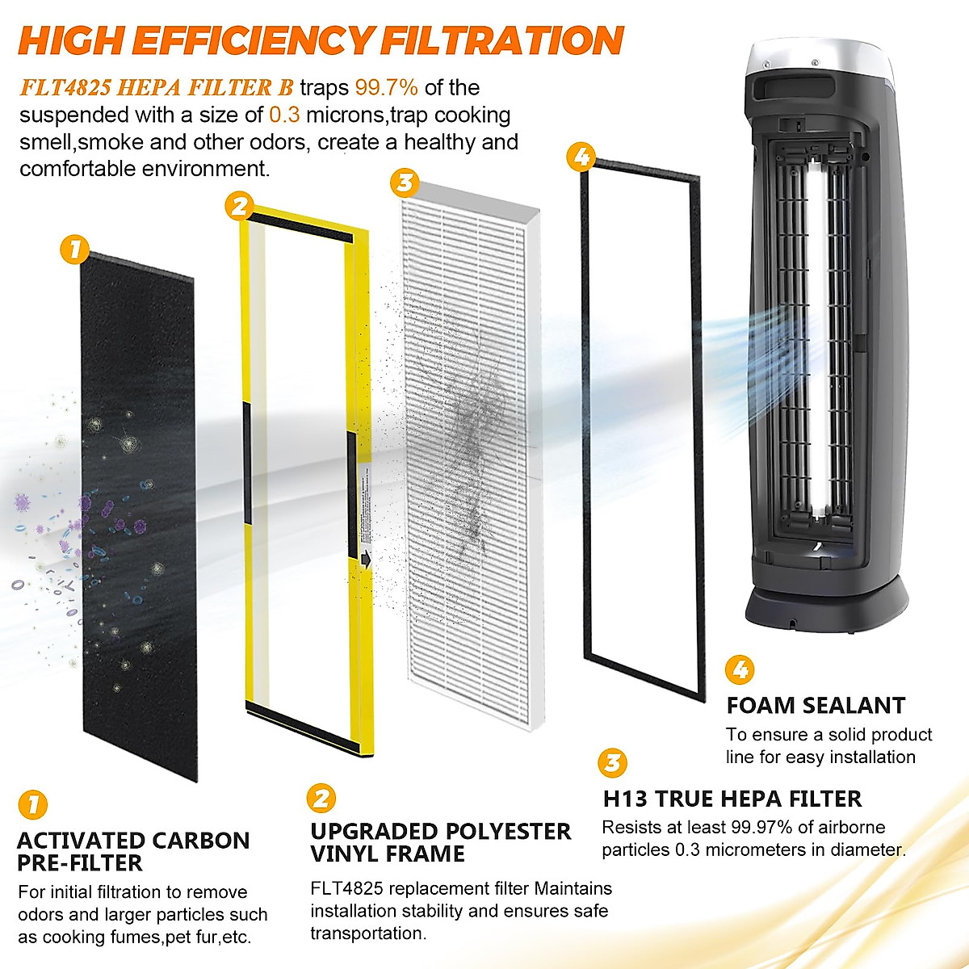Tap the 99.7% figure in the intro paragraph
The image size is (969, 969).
coord(386,87)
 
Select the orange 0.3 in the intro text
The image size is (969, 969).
coord(283,115)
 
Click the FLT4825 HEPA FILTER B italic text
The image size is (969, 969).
coord(157,87)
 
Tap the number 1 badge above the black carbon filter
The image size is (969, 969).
coord(74,249)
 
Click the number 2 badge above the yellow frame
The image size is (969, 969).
coord(239,207)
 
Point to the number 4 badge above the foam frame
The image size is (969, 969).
coord(582,157)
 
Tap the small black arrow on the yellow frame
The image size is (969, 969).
coord(367,557)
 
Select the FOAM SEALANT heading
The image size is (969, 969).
coord(816,706)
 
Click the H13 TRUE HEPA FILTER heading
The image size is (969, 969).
coord(732,799)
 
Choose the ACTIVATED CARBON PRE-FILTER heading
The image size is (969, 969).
coord(133,851)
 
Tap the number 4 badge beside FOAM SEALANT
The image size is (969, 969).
coord(740,670)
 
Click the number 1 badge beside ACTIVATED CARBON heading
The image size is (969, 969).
coord(32,804)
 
